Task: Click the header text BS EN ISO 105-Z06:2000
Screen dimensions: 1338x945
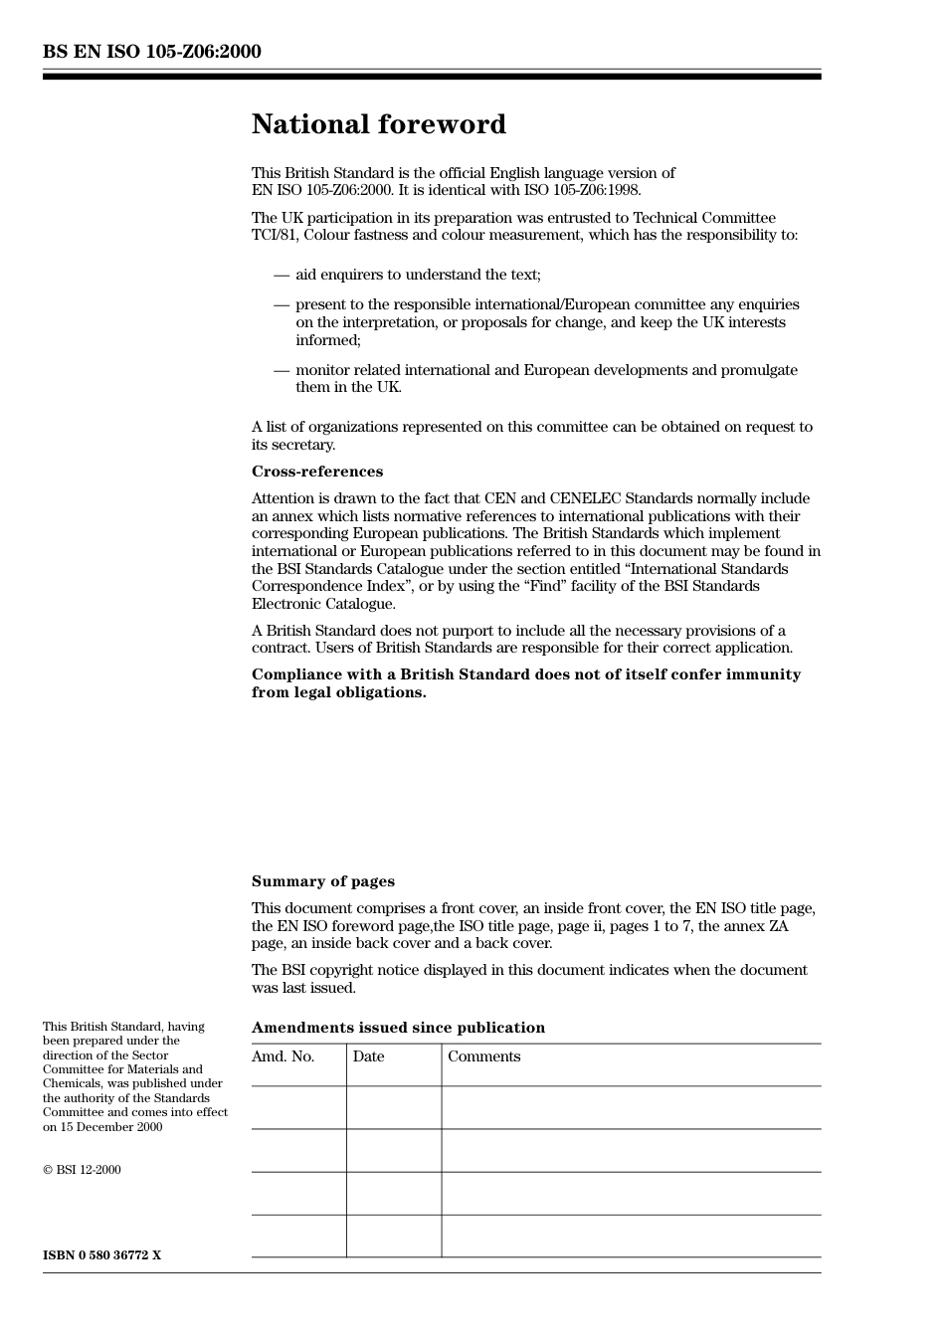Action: [x=151, y=52]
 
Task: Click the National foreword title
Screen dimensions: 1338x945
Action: [x=378, y=124]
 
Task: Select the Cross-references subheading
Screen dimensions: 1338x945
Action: [x=316, y=472]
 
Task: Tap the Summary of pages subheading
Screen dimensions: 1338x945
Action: [x=322, y=881]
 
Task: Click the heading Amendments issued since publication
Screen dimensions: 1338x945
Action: [x=398, y=1028]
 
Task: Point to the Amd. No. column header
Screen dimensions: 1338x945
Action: [x=283, y=1056]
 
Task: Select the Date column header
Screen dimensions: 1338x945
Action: [x=368, y=1056]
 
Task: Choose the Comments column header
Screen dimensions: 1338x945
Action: [x=483, y=1056]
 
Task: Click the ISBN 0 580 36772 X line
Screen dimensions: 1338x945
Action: [x=101, y=1255]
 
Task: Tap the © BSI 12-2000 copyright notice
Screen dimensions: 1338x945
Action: [x=82, y=1170]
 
